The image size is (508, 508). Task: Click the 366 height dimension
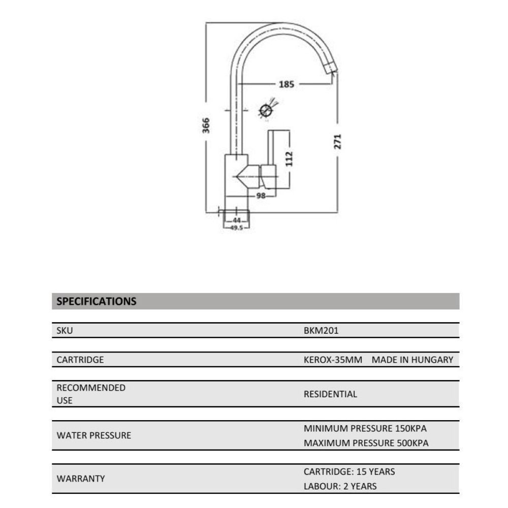click(x=206, y=125)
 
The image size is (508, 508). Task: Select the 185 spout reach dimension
click(x=287, y=84)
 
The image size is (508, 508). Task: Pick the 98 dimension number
click(x=261, y=196)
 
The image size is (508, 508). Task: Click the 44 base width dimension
click(x=237, y=220)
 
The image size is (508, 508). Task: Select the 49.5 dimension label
click(x=237, y=228)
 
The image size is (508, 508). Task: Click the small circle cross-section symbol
click(x=265, y=110)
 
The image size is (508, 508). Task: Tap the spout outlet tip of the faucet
click(x=331, y=67)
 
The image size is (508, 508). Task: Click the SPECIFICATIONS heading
click(x=97, y=301)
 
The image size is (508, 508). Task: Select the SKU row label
click(x=65, y=331)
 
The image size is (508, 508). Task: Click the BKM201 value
click(x=321, y=331)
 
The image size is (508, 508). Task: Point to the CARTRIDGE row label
click(x=80, y=360)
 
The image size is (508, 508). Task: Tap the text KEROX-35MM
click(x=333, y=360)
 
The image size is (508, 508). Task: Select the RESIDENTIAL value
click(x=330, y=394)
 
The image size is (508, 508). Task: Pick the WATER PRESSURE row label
click(x=93, y=435)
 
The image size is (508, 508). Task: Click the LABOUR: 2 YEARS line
click(x=340, y=486)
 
